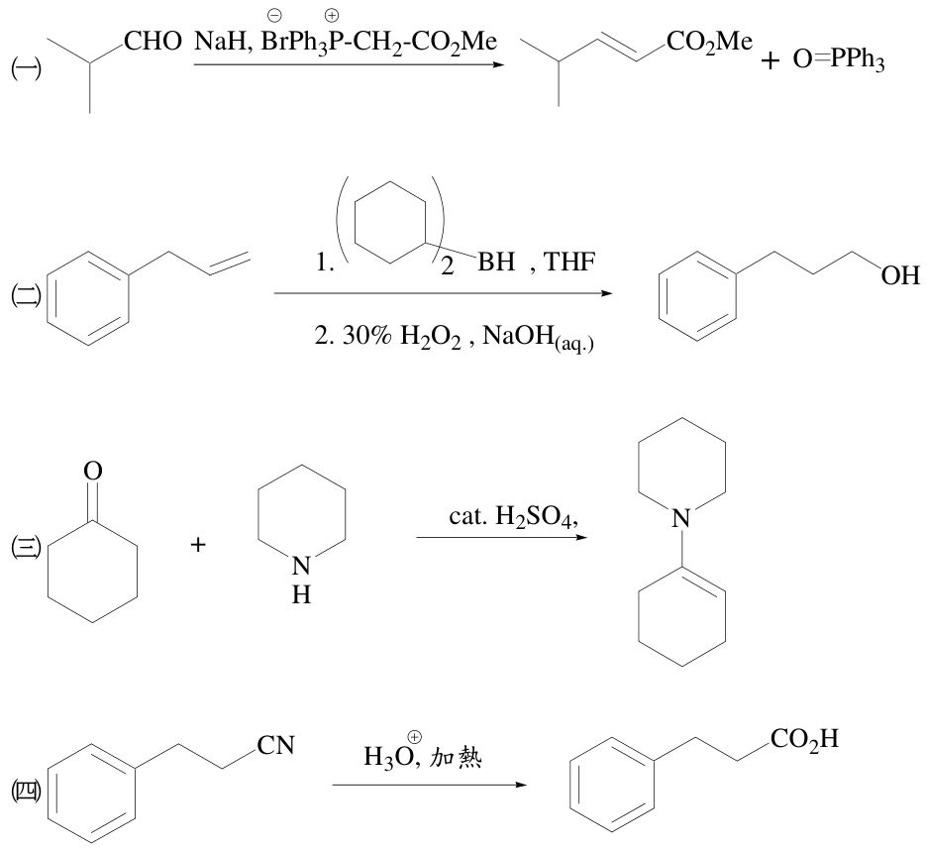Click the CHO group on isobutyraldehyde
point(153,42)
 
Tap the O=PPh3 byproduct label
point(839,59)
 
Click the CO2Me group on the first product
point(709,42)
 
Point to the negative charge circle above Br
point(274,15)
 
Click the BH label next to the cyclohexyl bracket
point(496,262)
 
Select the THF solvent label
point(568,262)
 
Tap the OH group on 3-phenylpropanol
point(900,275)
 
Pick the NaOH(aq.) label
point(538,338)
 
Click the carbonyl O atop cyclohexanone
point(93,472)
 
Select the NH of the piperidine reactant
point(301,580)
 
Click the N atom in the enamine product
point(681,518)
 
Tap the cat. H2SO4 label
point(513,517)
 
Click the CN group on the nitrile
point(275,746)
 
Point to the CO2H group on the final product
point(804,739)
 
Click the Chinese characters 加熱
point(456,757)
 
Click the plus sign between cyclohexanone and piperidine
point(198,545)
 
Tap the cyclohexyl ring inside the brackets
point(390,222)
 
